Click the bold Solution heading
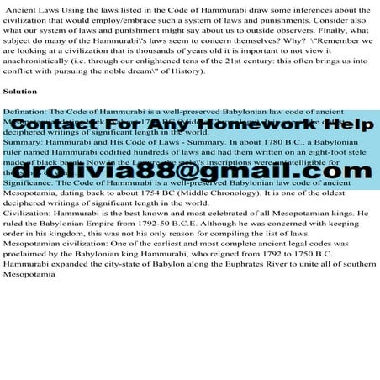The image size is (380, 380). click(x=19, y=91)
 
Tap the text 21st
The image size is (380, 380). click(x=232, y=59)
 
